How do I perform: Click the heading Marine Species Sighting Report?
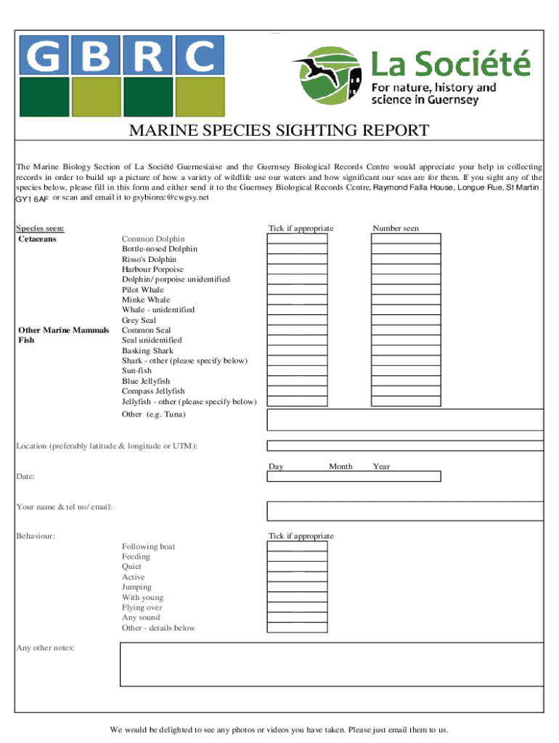click(x=279, y=131)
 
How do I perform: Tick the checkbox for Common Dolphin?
click(x=297, y=239)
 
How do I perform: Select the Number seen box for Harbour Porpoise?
click(x=406, y=269)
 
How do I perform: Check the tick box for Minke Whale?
click(x=297, y=300)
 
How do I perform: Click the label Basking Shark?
click(x=147, y=350)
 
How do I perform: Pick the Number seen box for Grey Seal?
click(x=406, y=320)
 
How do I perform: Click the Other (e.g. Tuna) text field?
click(x=405, y=419)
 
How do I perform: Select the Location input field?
click(x=405, y=446)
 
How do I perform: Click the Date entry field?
click(x=354, y=477)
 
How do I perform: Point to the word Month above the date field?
click(x=340, y=467)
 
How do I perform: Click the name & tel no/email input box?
click(x=405, y=511)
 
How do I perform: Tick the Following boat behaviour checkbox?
click(x=297, y=546)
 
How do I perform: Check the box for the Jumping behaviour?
click(x=297, y=587)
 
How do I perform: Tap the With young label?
click(x=143, y=598)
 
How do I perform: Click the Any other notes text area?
click(x=331, y=664)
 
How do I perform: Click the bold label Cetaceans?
click(x=37, y=239)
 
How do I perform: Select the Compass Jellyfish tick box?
click(x=297, y=391)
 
